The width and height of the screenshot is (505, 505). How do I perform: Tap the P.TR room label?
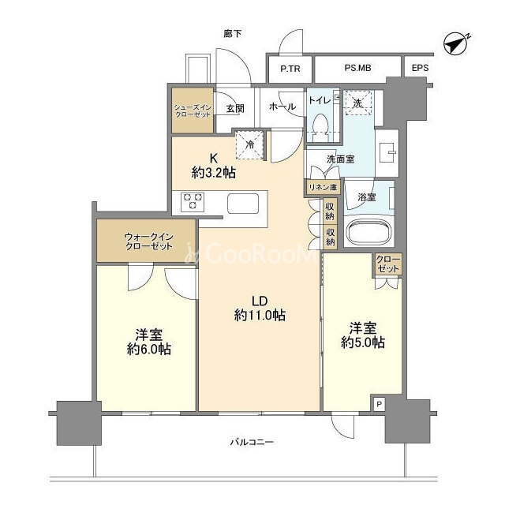tap(290, 69)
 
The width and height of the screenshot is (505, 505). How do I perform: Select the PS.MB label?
tap(357, 68)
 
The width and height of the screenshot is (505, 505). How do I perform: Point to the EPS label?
tap(420, 68)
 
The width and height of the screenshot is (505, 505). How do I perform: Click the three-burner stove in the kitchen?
tap(193, 202)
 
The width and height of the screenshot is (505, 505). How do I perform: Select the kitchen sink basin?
tap(243, 204)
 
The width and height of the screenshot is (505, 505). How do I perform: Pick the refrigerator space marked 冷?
tap(250, 144)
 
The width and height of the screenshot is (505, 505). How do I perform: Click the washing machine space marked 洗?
tap(358, 103)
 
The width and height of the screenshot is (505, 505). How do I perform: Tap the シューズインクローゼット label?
tap(193, 110)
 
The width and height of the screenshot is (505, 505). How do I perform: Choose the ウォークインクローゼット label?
tap(149, 242)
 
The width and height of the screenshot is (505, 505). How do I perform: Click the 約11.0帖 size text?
tap(260, 315)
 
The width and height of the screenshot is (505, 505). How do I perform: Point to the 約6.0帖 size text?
tap(149, 349)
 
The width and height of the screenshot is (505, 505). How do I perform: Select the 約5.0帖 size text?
tap(363, 342)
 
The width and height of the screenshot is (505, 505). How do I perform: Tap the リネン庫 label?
tap(323, 188)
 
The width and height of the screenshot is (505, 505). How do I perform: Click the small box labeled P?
tap(379, 403)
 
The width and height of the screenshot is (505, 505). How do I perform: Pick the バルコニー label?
tap(252, 442)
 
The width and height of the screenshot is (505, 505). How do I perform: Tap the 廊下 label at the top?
tap(233, 34)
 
